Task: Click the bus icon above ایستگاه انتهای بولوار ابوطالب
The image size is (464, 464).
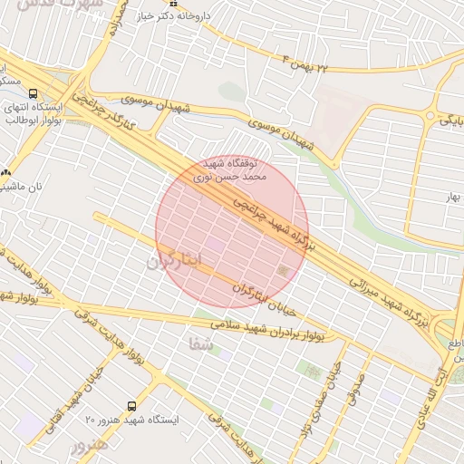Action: click(x=34, y=92)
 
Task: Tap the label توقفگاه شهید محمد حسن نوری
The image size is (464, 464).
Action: click(x=227, y=169)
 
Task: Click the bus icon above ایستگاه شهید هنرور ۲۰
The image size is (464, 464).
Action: click(x=132, y=406)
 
